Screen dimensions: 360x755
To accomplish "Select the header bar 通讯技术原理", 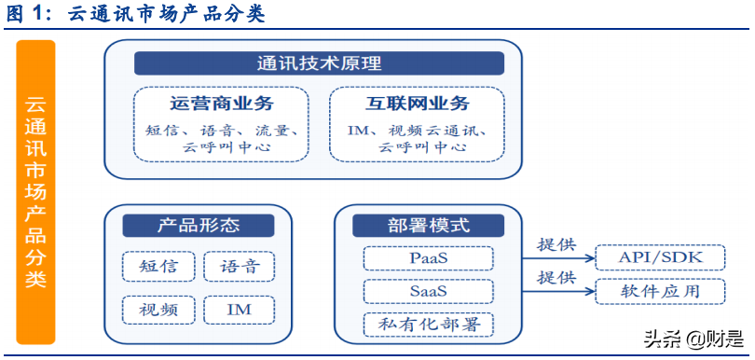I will click(x=319, y=63).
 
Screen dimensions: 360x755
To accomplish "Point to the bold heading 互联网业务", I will click(x=417, y=104).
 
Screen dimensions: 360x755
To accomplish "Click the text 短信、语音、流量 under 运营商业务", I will click(x=222, y=130).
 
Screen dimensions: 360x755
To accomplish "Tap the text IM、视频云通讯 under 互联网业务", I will click(x=417, y=130).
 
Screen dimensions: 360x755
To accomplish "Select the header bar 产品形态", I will click(x=198, y=226).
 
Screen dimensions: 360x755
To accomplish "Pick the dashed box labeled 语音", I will click(x=240, y=267).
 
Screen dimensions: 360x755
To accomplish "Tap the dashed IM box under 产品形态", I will click(x=240, y=308).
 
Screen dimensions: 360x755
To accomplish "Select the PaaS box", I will click(x=428, y=258).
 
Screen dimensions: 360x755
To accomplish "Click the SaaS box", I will click(x=428, y=291).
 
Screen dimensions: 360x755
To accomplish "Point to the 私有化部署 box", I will click(x=428, y=325).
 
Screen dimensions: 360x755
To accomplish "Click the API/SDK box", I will click(x=660, y=258).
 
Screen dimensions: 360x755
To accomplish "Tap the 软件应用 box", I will click(x=660, y=291).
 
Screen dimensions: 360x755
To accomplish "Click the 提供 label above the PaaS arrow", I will click(x=556, y=245).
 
